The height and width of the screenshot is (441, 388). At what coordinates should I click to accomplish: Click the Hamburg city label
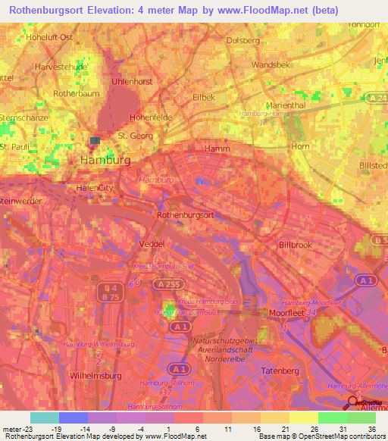(105, 161)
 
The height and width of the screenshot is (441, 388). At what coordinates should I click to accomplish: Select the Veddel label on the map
(152, 244)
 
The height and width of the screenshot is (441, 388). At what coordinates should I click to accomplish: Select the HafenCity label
(95, 187)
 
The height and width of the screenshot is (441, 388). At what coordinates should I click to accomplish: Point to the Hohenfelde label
(152, 117)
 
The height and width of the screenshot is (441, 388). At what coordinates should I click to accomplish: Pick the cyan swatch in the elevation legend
(44, 418)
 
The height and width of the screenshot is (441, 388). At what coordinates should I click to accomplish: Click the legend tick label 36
(371, 428)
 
